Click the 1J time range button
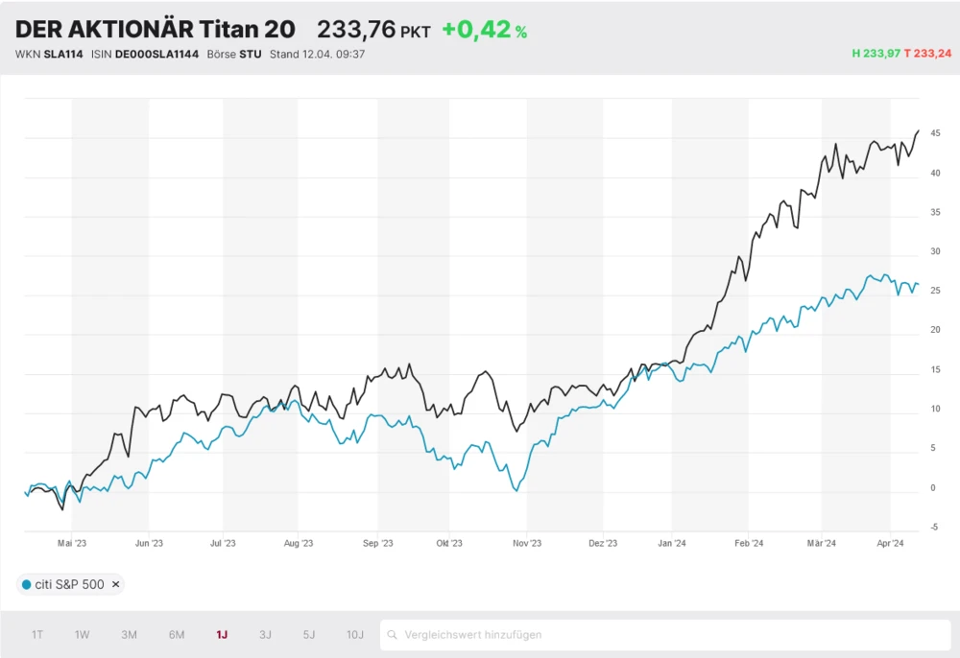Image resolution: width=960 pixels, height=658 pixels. pos(222,635)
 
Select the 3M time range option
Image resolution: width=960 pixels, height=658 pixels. pos(129,635)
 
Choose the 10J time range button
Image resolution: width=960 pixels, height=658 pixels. pos(355,635)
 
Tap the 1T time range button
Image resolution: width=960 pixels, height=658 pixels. pos(37,635)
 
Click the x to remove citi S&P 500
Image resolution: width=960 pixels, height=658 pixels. pos(116,584)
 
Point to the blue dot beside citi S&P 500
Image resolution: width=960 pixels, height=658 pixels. pos(26,584)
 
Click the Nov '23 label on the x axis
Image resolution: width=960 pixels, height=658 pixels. pos(527,544)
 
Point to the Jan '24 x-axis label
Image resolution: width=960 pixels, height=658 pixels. pos(672,544)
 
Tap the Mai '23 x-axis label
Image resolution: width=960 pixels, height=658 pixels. pos(72,544)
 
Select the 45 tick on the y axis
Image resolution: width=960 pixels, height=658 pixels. pos(934,133)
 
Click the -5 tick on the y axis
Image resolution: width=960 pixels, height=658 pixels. pos(934,528)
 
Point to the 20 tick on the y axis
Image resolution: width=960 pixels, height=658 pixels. pos(934,330)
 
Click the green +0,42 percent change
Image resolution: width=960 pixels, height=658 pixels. pos(484,30)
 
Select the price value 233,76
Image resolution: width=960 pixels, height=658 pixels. pos(356,30)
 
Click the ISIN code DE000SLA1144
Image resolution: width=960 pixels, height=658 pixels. pos(156,54)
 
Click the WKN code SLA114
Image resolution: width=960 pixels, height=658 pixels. pos(63,54)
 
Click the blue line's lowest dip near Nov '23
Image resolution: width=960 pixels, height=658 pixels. pos(516,491)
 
